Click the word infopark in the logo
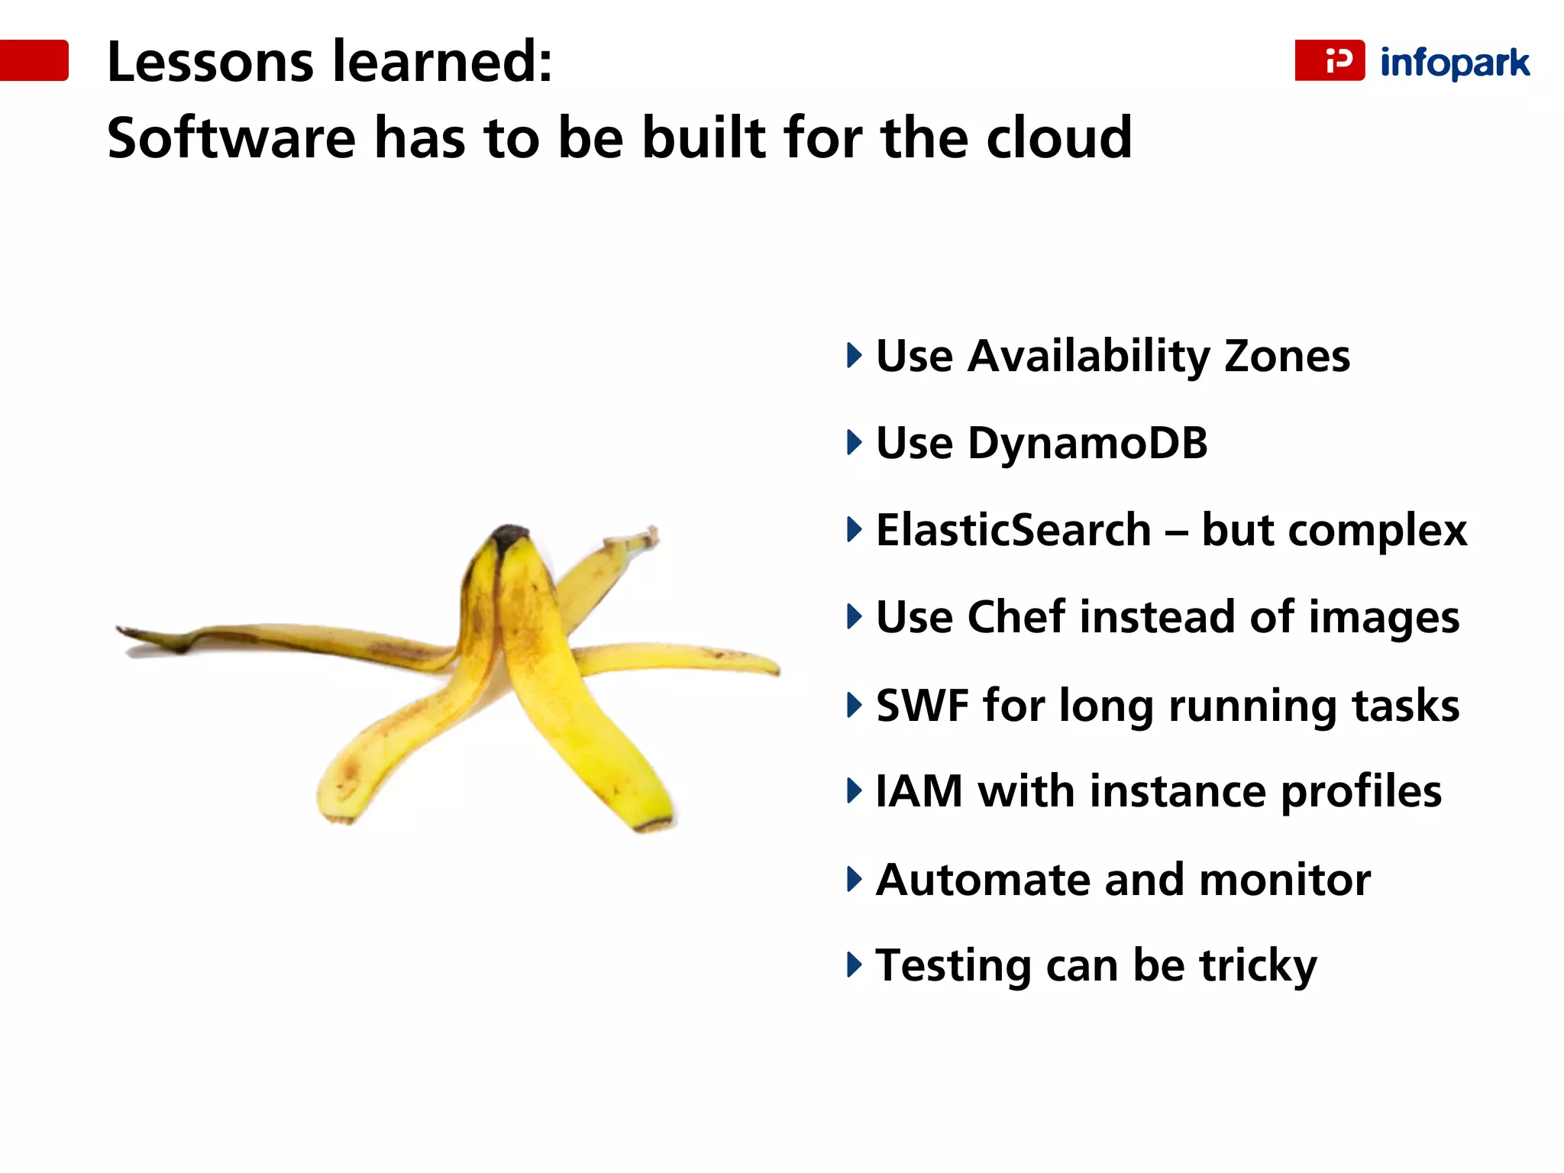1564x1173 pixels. click(x=1454, y=63)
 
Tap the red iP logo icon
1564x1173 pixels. click(x=1330, y=60)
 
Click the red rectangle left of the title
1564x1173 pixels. click(x=34, y=60)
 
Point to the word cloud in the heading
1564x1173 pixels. click(x=1058, y=138)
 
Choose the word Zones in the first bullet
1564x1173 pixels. click(x=1287, y=357)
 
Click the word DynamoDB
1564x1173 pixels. click(x=1087, y=444)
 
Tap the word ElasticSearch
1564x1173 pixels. click(x=1013, y=531)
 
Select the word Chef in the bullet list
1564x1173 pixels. click(x=1016, y=617)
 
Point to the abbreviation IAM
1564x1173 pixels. click(x=919, y=792)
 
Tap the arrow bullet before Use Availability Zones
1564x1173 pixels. click(x=854, y=356)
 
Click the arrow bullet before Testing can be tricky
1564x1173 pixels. click(x=854, y=965)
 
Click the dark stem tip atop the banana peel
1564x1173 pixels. click(x=510, y=535)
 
